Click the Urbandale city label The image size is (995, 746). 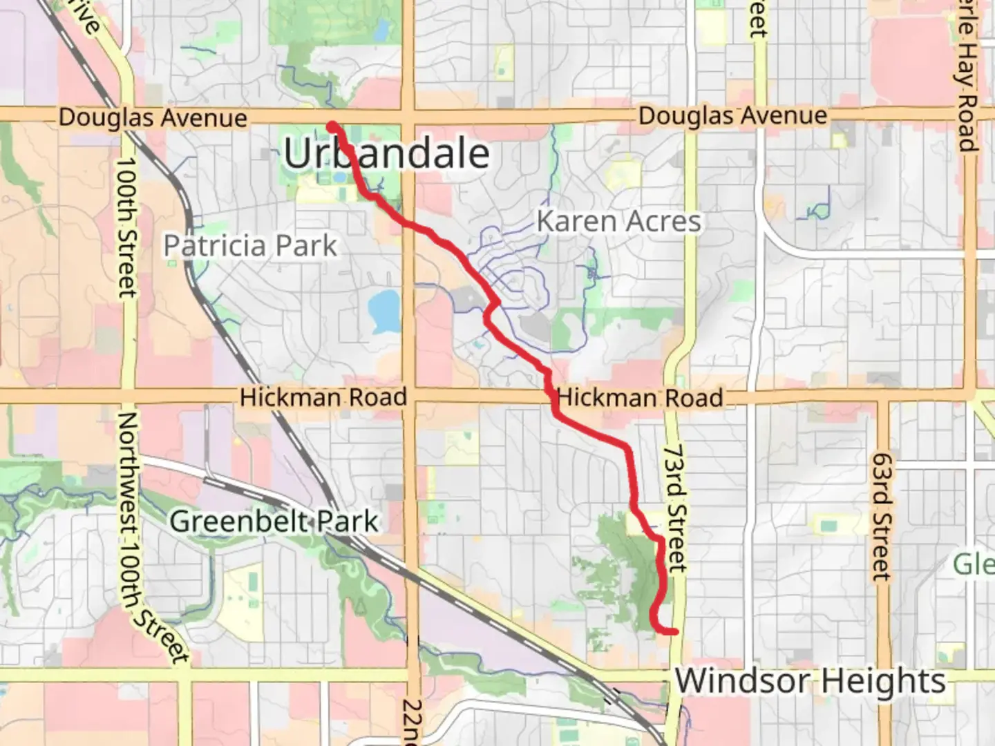386,153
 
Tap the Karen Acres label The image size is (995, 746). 618,222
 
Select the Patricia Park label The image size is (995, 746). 250,246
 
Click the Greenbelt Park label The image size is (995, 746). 274,522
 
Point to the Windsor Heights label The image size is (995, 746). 810,681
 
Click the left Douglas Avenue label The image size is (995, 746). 153,117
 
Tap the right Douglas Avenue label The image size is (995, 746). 732,116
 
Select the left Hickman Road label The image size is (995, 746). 323,397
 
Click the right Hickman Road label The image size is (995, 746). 640,398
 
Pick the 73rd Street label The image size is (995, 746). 675,508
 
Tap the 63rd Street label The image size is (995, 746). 881,516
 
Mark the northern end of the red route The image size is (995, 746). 332,126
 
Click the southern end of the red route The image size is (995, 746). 674,631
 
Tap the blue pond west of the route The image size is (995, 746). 383,309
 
